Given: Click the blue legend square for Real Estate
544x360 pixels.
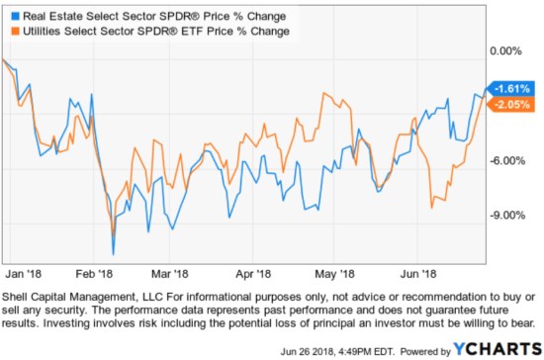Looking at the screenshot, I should click(x=11, y=15).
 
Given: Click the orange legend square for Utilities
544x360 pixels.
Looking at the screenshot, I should click(x=11, y=31).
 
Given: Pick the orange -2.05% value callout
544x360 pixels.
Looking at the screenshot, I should click(x=510, y=104).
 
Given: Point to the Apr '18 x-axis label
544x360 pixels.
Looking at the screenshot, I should click(x=253, y=274).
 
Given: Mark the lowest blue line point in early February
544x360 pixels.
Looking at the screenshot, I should click(x=114, y=255).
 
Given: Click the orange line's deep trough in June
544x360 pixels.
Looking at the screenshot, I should click(x=431, y=208).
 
